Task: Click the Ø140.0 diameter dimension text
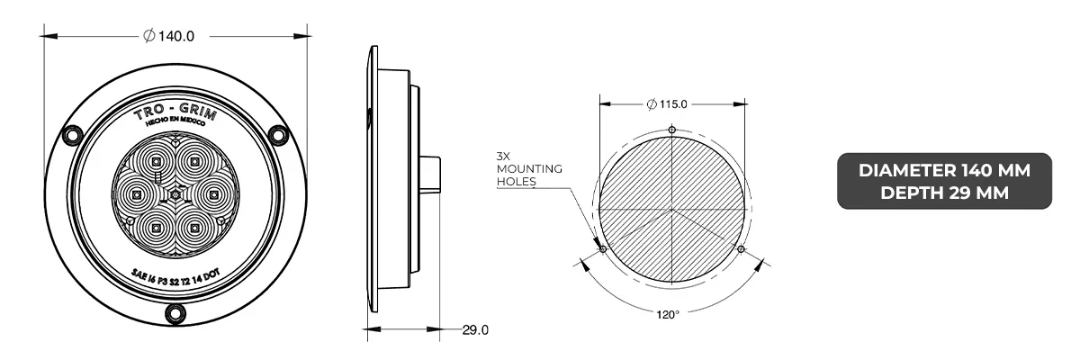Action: (x=169, y=36)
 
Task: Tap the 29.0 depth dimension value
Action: (x=474, y=330)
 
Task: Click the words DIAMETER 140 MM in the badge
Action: (x=944, y=169)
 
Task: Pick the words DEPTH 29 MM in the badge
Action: (x=944, y=191)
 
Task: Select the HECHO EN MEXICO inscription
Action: (x=176, y=130)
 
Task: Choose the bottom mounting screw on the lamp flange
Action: (x=175, y=311)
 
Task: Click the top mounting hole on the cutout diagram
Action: (x=672, y=130)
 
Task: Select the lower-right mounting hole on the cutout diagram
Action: (x=740, y=248)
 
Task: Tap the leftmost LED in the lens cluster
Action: (x=137, y=193)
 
